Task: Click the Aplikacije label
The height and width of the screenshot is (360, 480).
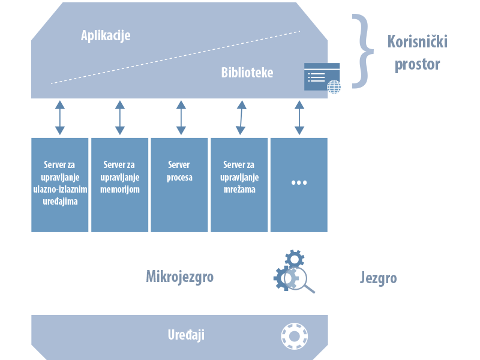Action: click(106, 35)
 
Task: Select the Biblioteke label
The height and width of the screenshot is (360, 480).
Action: click(247, 73)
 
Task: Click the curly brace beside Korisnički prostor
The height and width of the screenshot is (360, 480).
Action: click(362, 52)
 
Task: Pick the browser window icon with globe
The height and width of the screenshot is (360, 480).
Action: click(323, 77)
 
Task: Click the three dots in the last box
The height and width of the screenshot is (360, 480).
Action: click(299, 182)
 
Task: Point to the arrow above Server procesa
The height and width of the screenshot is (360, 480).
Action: click(181, 118)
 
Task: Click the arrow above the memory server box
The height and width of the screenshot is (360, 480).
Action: click(119, 118)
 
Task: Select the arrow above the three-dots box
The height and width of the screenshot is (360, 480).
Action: click(299, 118)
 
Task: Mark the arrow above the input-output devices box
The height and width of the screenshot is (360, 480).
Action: click(59, 118)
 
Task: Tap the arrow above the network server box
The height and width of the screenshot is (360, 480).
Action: click(240, 118)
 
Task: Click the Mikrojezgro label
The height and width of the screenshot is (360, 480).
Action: click(179, 277)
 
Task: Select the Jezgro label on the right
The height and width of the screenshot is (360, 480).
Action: click(378, 278)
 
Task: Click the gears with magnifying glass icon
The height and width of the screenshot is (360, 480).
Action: click(293, 273)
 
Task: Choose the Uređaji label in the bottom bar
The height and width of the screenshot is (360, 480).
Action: click(186, 334)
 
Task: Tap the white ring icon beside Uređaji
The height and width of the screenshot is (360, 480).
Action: click(294, 335)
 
